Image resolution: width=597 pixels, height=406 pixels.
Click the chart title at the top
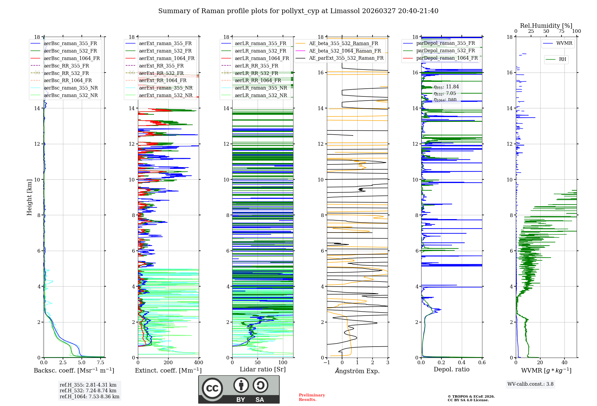[x=298, y=11]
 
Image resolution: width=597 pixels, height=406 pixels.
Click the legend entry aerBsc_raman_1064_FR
[x=72, y=59]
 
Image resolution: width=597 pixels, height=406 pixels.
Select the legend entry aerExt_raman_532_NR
[x=166, y=96]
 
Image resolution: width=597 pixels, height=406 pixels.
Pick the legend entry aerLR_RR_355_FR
[x=256, y=66]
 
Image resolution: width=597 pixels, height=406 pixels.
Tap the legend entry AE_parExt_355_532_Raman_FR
[x=346, y=58]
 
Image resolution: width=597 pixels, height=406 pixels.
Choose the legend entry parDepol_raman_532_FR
[x=445, y=51]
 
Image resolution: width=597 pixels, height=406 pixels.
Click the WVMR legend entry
[x=564, y=43]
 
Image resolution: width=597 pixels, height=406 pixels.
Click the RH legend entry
[x=562, y=59]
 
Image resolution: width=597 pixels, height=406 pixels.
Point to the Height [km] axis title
[x=29, y=197]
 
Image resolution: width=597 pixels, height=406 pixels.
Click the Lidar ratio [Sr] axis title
[x=263, y=369]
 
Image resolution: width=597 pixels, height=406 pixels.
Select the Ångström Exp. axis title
[x=357, y=371]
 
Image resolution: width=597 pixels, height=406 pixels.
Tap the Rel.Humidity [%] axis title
[x=546, y=26]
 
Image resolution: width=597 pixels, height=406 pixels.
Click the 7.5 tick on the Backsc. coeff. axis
[x=101, y=363]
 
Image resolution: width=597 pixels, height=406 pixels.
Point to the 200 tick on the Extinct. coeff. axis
[x=168, y=363]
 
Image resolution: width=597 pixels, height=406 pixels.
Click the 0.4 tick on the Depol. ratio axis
[x=462, y=363]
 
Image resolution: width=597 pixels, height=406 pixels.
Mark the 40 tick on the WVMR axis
[x=564, y=363]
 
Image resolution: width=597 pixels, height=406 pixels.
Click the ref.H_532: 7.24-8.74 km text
[x=88, y=390]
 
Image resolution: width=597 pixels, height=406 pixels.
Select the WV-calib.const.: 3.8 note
[x=530, y=384]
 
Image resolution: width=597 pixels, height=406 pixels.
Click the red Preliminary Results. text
[x=312, y=397]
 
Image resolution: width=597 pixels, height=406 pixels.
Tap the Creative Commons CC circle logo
[x=212, y=388]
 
